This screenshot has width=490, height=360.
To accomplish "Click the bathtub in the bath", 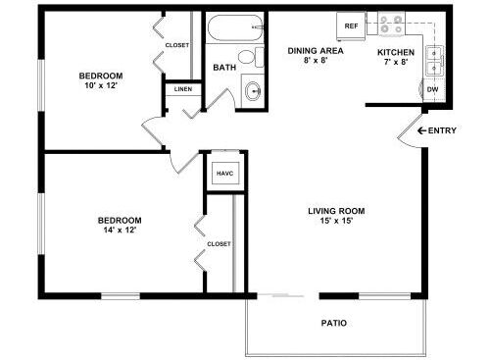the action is click(235, 27).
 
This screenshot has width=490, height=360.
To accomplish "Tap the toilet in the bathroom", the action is click(251, 57).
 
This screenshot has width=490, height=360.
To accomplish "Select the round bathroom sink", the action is click(253, 90).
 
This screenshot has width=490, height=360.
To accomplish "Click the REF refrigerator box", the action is click(351, 26).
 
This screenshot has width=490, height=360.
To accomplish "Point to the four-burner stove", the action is click(391, 24).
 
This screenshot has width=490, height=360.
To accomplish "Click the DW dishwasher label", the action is click(432, 89).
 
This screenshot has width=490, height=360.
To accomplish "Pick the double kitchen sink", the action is click(434, 61).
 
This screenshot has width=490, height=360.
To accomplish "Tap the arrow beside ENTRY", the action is click(421, 130).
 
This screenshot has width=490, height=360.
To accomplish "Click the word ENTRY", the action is click(442, 130).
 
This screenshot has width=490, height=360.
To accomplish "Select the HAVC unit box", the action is click(225, 173).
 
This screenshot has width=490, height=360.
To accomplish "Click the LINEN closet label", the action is click(183, 89).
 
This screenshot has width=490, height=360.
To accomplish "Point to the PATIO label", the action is click(334, 323).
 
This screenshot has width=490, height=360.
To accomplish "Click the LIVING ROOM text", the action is click(336, 211).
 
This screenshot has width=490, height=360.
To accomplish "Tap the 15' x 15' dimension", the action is click(336, 221).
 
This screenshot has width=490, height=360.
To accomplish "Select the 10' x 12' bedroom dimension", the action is click(101, 85).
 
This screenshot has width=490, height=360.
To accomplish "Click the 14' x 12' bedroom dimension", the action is click(120, 230).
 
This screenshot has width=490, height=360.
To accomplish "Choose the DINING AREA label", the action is click(316, 51).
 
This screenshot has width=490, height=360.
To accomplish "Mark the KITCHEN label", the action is click(396, 52).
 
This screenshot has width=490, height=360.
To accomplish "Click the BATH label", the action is click(224, 68).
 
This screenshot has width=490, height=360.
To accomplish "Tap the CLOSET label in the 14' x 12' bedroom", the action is click(219, 244).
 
